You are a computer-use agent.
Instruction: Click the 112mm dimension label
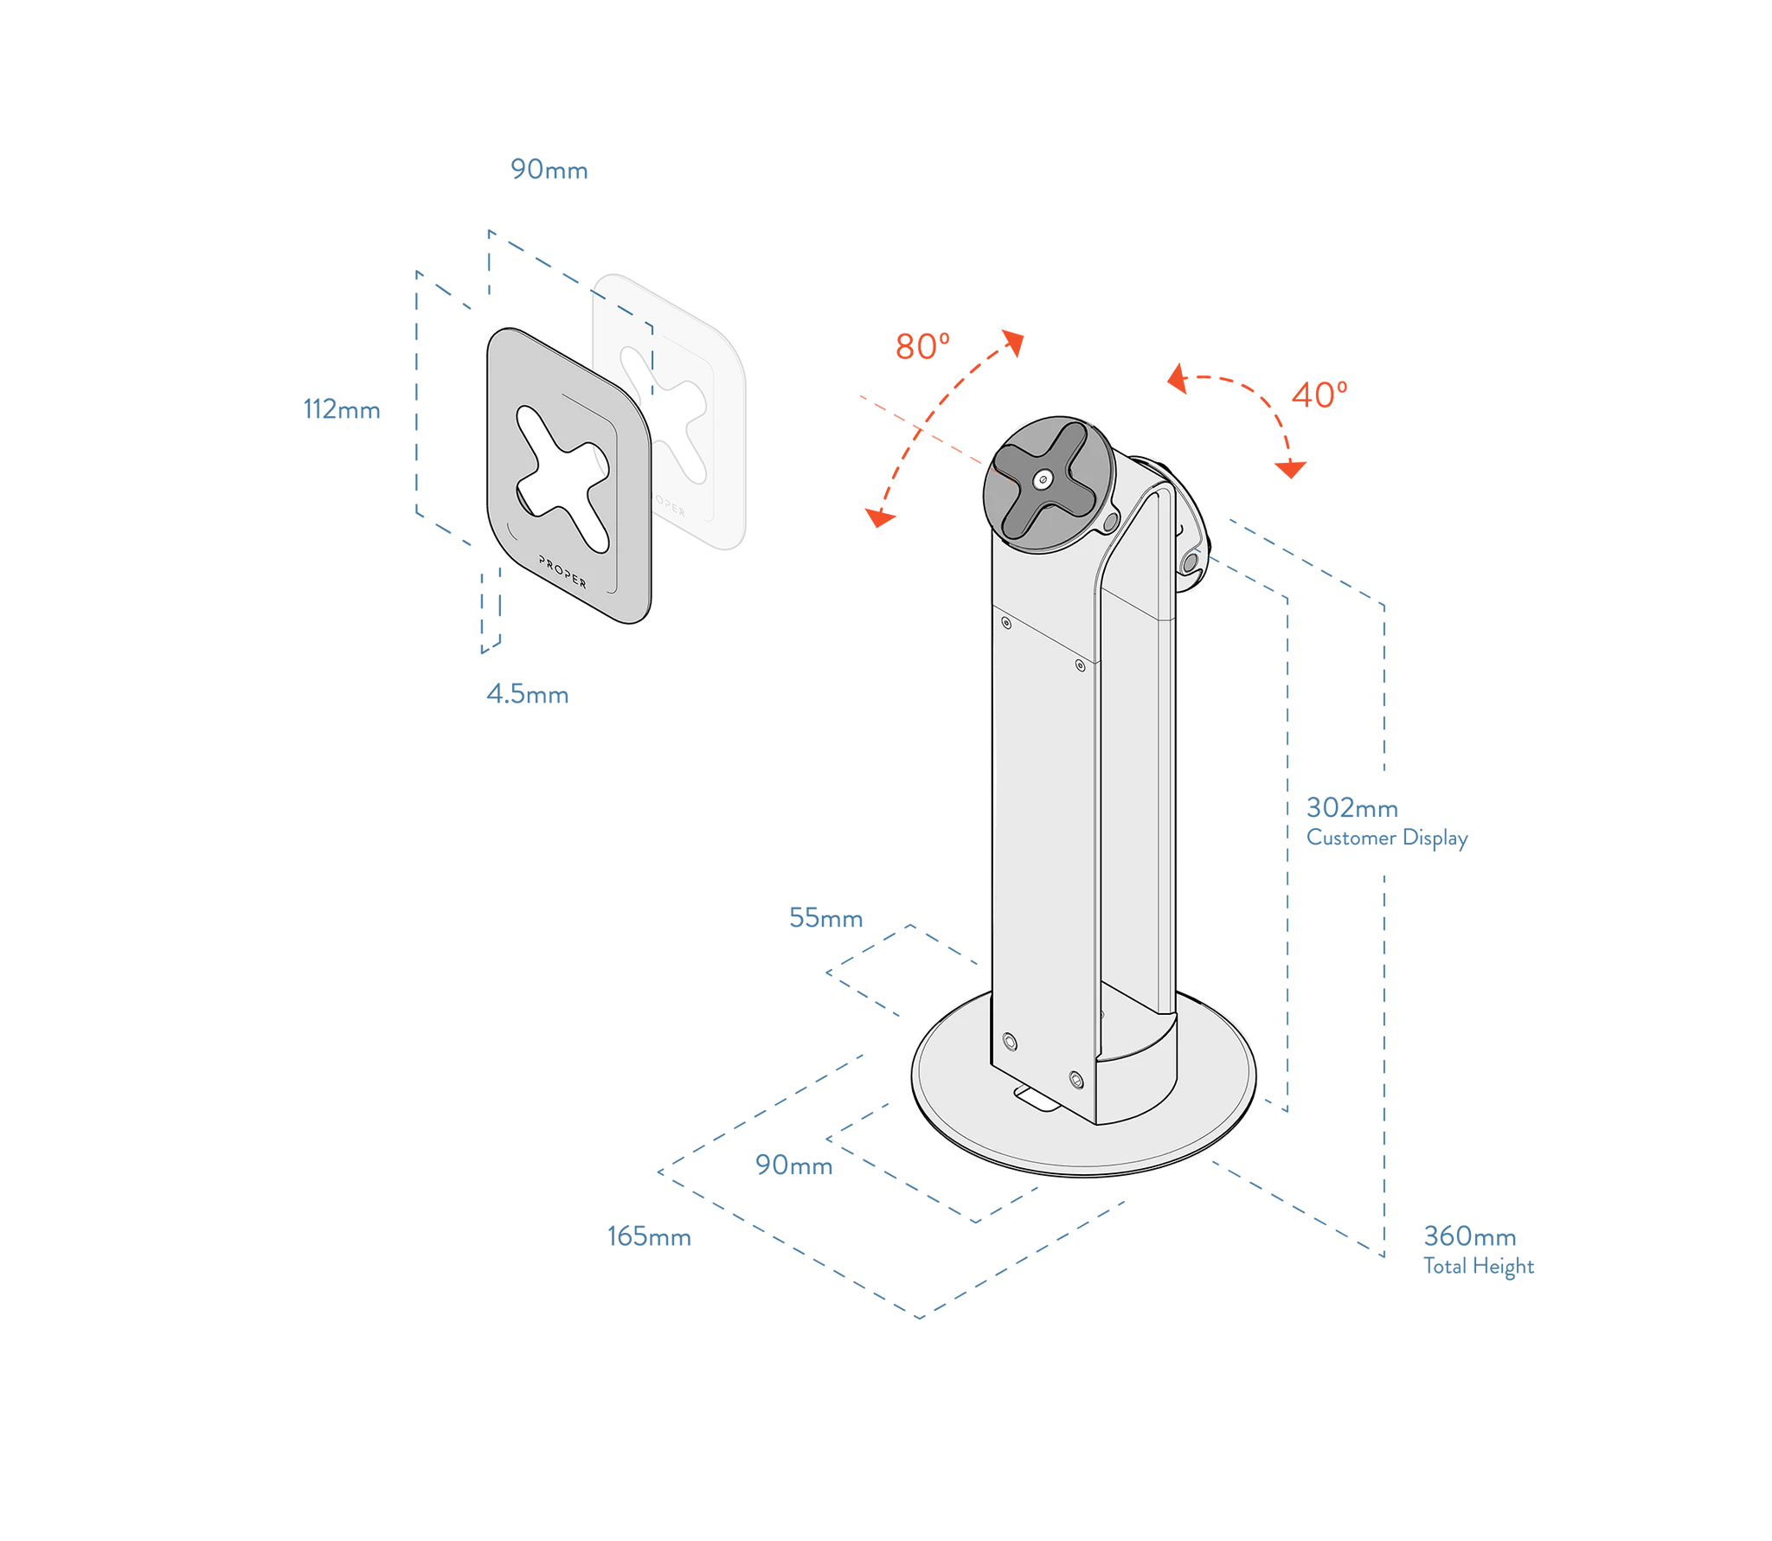pyautogui.click(x=342, y=409)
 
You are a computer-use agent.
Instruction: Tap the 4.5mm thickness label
pyautogui.click(x=527, y=694)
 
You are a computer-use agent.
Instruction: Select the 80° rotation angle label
pyautogui.click(x=922, y=346)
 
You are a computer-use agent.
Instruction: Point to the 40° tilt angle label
pyautogui.click(x=1319, y=395)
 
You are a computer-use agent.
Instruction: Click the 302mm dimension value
pyautogui.click(x=1351, y=807)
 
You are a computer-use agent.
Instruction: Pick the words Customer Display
pyautogui.click(x=1387, y=838)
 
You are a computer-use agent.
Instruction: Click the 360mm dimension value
pyautogui.click(x=1469, y=1236)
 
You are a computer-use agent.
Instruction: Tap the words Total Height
pyautogui.click(x=1478, y=1267)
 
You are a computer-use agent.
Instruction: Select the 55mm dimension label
pyautogui.click(x=825, y=918)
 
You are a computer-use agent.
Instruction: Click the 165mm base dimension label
pyautogui.click(x=649, y=1236)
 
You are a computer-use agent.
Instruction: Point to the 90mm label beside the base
pyautogui.click(x=793, y=1165)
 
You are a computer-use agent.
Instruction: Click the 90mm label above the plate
pyautogui.click(x=549, y=170)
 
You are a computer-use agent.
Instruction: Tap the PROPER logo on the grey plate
pyautogui.click(x=562, y=571)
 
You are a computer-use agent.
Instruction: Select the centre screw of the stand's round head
pyautogui.click(x=1043, y=479)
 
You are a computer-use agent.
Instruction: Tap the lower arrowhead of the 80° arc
pyautogui.click(x=879, y=517)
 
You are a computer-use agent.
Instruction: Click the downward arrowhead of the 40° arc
pyautogui.click(x=1290, y=469)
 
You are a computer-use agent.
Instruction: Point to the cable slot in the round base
pyautogui.click(x=1037, y=1099)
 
